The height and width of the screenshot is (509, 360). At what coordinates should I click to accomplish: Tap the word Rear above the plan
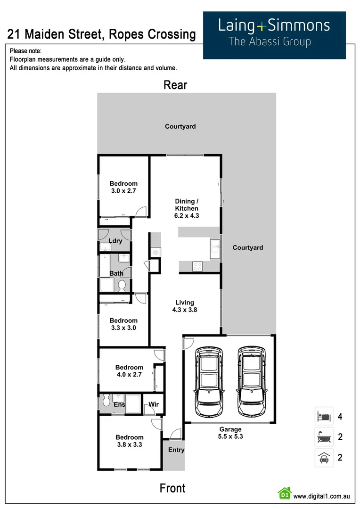(x=175, y=85)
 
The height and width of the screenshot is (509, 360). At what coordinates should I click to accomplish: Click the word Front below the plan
(x=172, y=488)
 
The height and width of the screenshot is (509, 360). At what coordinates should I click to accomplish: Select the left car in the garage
(x=209, y=376)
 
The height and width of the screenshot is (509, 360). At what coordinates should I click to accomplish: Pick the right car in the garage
(x=250, y=376)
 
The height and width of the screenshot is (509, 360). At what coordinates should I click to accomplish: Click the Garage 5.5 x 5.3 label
(x=230, y=433)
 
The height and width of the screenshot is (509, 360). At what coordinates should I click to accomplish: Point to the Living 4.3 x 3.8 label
(x=185, y=306)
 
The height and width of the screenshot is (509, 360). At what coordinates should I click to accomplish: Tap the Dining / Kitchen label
(x=187, y=208)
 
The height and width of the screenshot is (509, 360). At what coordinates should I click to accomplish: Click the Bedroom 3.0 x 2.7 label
(x=123, y=187)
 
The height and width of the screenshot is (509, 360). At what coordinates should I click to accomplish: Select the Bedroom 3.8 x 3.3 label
(x=130, y=441)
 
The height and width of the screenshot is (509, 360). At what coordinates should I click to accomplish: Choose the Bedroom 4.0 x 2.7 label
(x=129, y=371)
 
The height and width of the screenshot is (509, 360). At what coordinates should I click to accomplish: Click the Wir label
(x=154, y=404)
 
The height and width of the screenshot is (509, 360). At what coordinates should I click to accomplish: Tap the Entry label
(x=176, y=450)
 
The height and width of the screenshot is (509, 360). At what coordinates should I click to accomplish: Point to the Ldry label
(x=115, y=241)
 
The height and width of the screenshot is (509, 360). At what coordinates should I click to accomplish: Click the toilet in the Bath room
(x=122, y=285)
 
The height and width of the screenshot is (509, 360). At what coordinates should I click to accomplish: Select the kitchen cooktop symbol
(x=197, y=266)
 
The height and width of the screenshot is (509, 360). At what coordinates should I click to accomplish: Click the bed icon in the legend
(x=324, y=417)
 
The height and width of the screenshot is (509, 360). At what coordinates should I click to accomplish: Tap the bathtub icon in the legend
(x=324, y=437)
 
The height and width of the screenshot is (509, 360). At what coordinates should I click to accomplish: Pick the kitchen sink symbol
(x=215, y=245)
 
